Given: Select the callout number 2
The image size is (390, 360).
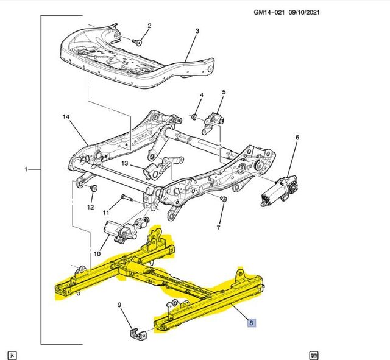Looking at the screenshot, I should [149, 26].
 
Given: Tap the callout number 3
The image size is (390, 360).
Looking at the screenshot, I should [197, 30].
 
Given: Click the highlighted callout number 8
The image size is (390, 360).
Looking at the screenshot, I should [252, 323].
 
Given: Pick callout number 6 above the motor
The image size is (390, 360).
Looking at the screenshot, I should [297, 138].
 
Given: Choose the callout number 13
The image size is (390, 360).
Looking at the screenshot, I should [124, 164].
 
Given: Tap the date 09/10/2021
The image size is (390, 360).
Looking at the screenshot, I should [321, 12].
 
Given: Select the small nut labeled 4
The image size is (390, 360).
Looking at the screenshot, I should [194, 116].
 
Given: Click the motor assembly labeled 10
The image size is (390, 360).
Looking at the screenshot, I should [119, 230].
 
